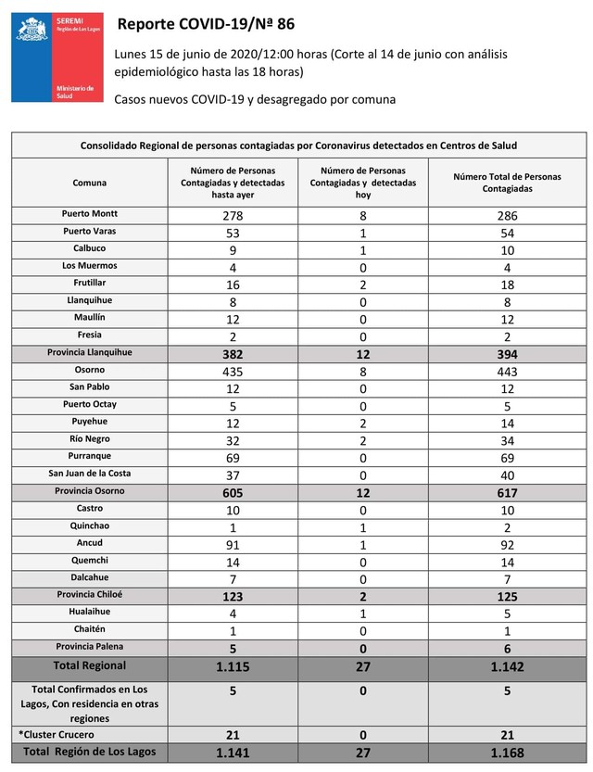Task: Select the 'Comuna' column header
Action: point(90,183)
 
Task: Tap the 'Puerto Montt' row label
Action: point(90,214)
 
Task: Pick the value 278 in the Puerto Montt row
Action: point(232,215)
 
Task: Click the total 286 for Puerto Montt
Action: point(506,215)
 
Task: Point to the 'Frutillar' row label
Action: point(90,283)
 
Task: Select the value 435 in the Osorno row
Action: point(232,371)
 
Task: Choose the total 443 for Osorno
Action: point(506,371)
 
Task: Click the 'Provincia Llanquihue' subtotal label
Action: point(90,353)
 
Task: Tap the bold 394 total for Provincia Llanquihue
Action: point(506,354)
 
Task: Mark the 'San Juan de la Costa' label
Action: point(90,474)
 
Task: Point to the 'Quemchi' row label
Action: point(90,560)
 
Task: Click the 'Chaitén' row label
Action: point(90,629)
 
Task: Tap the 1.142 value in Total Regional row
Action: point(506,667)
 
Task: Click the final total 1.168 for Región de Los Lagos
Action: point(506,753)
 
